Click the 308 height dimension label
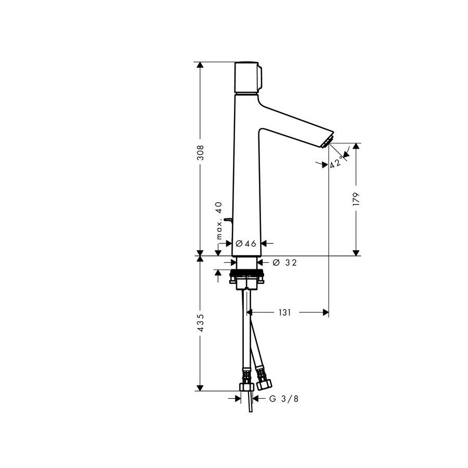(x=200, y=153)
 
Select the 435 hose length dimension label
(x=200, y=323)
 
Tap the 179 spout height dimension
(x=356, y=199)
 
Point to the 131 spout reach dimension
(x=284, y=313)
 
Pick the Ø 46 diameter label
(x=246, y=243)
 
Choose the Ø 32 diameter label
(x=284, y=263)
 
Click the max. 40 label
(x=219, y=220)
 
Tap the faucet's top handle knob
(x=249, y=77)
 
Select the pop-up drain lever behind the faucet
(x=227, y=220)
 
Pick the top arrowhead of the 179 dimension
(x=356, y=147)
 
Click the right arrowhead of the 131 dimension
(x=326, y=313)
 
